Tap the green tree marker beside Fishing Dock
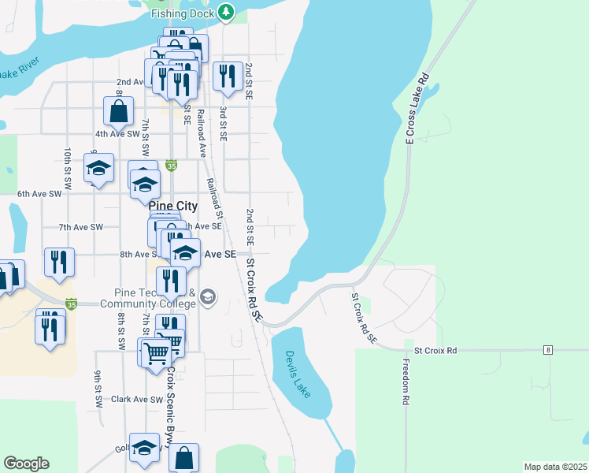[226, 12]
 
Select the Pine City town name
[172, 206]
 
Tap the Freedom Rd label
[406, 382]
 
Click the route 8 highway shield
[546, 348]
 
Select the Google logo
[26, 464]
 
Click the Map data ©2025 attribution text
[555, 467]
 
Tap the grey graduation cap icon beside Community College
[208, 296]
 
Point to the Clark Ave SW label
[131, 400]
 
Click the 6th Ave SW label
[39, 193]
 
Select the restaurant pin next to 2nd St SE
[228, 76]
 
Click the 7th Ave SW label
[81, 227]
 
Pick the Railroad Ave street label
[202, 136]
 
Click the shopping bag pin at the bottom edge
[183, 457]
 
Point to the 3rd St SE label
[224, 123]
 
